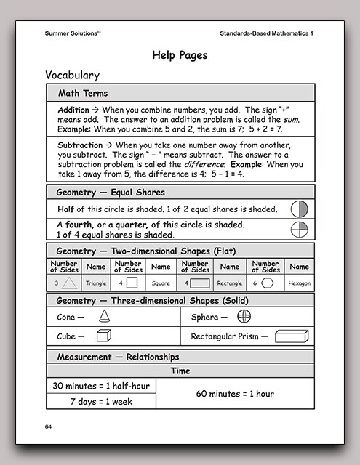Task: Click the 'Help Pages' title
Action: click(180, 54)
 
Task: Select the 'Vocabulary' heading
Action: click(72, 75)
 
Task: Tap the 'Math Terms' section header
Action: click(82, 93)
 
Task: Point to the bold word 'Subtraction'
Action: click(80, 145)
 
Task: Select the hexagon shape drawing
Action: click(269, 283)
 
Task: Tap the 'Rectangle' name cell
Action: click(229, 283)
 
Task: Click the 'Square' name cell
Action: click(162, 283)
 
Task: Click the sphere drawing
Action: click(244, 317)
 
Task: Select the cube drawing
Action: click(104, 336)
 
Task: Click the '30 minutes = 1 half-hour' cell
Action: click(101, 386)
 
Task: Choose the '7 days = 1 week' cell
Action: click(101, 401)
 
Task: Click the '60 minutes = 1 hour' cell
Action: click(235, 393)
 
